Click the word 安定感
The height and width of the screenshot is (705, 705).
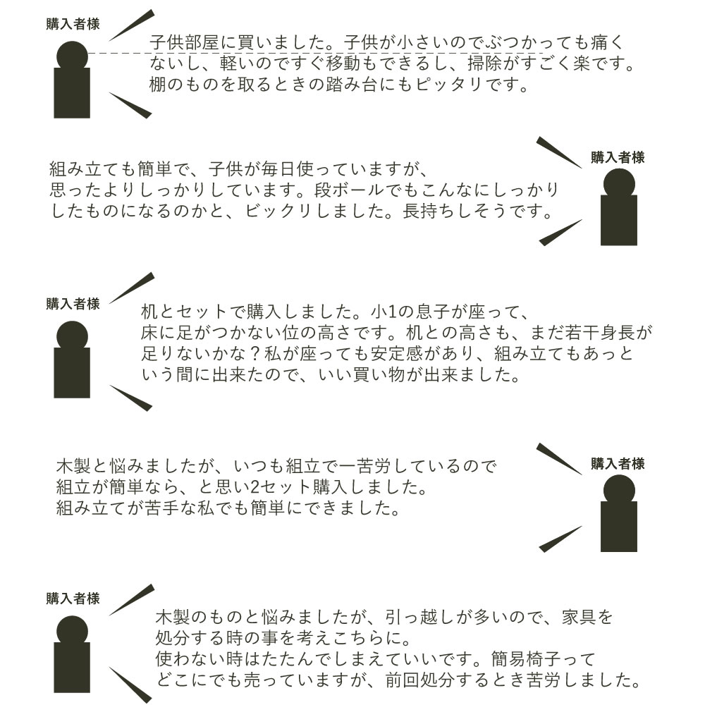point(396,354)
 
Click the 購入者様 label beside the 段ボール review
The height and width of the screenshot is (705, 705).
point(618,158)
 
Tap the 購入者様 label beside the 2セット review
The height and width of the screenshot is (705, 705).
point(618,464)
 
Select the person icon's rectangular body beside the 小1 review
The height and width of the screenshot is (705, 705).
point(72,373)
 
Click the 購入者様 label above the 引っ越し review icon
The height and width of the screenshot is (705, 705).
point(73,599)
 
